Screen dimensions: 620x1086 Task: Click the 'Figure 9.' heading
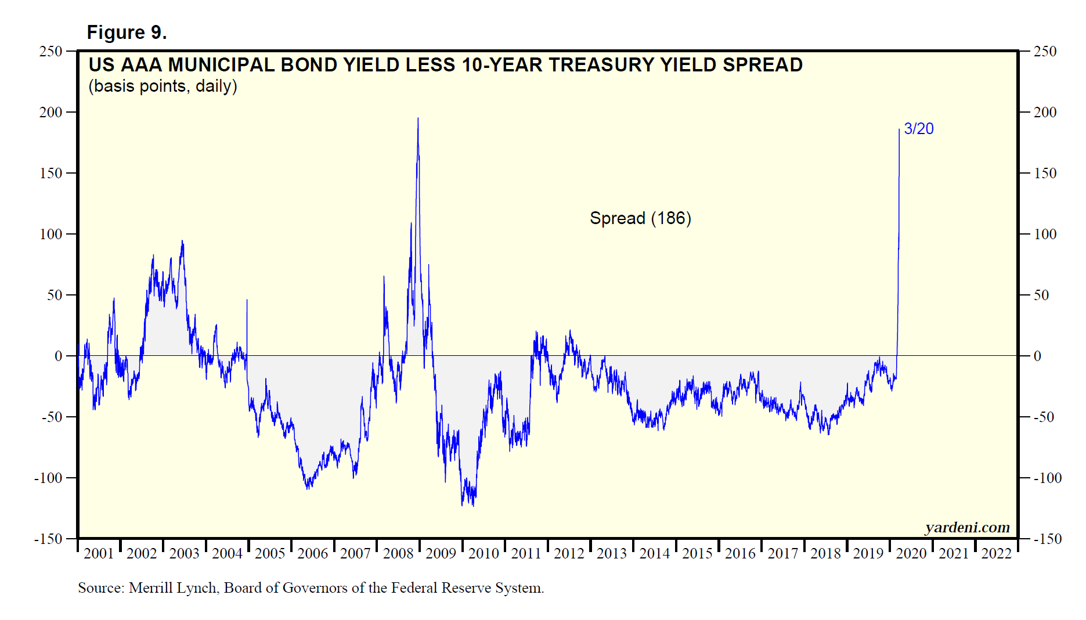127,33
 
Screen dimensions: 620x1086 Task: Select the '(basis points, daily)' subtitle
163,86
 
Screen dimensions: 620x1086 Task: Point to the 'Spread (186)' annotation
640,218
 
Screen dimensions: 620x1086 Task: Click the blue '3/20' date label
919,129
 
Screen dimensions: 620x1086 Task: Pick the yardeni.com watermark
967,527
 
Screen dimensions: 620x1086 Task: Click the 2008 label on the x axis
398,553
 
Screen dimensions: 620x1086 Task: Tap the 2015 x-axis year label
697,553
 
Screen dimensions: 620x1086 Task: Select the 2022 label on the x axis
996,553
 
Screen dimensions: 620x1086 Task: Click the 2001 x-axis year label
99,553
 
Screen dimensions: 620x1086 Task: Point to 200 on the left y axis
50,112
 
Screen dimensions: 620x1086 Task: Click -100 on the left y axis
48,478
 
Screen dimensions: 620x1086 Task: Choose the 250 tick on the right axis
1045,51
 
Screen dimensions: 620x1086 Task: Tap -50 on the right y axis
1044,417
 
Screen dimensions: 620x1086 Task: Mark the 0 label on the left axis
58,356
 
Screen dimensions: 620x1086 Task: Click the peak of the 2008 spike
418,119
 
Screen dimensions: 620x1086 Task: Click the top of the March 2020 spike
899,129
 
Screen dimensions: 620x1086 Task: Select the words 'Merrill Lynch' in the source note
173,588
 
